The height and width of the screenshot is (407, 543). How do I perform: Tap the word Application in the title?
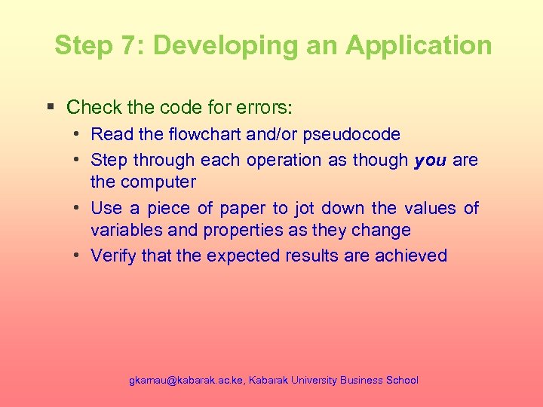pos(419,45)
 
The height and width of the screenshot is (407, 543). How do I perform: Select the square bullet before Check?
pos(51,107)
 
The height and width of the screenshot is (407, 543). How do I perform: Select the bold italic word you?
pos(431,161)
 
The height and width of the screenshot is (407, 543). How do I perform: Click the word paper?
pos(243,208)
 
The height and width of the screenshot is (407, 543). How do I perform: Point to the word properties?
pos(210,230)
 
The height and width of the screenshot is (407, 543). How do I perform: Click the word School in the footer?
pos(401,381)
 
